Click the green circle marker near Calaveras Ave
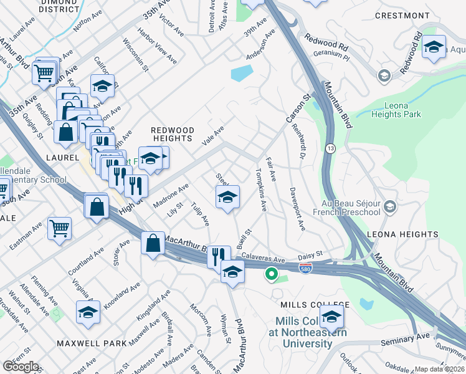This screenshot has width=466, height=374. click(271, 273)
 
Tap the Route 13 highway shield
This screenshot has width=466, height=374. click(330, 148)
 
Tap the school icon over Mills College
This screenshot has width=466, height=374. click(332, 317)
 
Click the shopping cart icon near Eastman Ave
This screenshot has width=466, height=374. click(59, 229)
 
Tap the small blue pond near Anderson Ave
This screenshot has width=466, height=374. click(241, 74)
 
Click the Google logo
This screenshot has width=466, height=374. click(21, 367)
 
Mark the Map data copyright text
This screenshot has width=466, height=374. click(440, 369)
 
